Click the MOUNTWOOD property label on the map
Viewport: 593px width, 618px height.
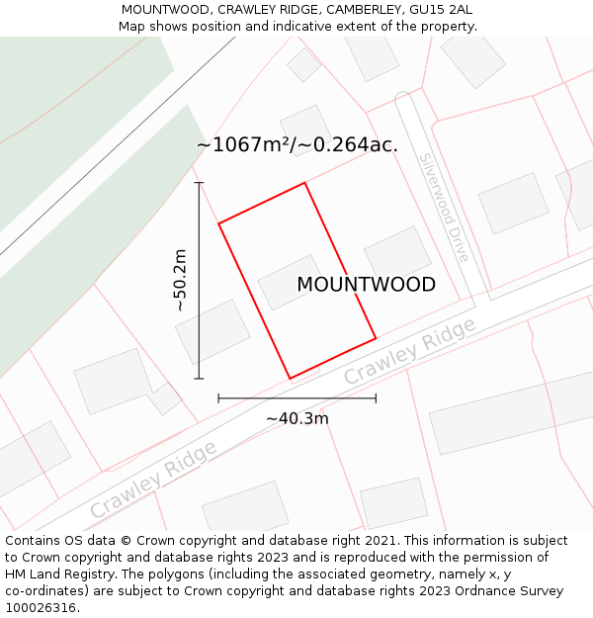[366, 285]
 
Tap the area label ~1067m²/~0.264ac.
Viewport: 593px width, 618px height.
[296, 145]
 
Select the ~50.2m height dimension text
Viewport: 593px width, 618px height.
[180, 281]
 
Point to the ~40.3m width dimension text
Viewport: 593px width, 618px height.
[296, 418]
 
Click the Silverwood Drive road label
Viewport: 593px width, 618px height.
[444, 207]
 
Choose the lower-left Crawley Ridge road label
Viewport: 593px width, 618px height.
[153, 480]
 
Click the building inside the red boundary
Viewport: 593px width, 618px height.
[291, 282]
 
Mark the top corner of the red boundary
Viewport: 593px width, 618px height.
[304, 183]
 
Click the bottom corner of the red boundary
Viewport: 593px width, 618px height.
[290, 379]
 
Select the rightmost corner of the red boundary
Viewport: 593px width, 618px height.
[376, 339]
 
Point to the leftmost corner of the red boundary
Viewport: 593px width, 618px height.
[218, 223]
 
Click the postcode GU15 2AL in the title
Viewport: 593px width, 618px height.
[441, 10]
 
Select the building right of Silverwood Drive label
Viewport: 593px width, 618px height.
[513, 203]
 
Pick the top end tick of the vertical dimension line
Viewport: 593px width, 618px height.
[199, 183]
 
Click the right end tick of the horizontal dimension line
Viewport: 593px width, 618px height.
[376, 398]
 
